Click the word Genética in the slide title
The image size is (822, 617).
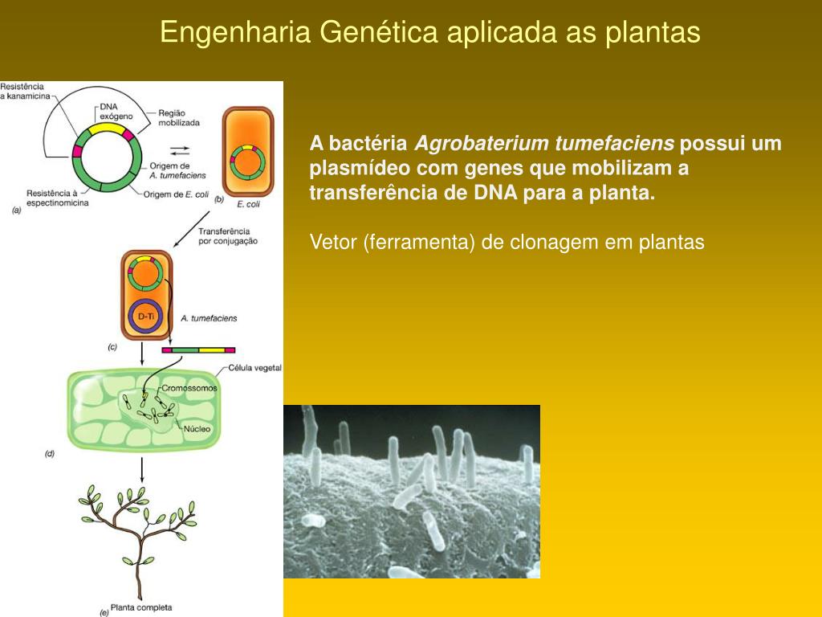coord(379,32)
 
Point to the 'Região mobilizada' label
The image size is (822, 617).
coord(179,118)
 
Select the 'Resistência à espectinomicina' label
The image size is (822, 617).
coord(56,198)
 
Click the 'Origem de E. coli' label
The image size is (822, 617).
coord(177,194)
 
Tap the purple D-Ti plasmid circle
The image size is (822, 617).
coord(145,316)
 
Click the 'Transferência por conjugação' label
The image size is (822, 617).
coord(228,235)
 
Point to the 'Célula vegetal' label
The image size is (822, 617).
coord(254,367)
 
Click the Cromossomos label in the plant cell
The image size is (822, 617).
coord(189,388)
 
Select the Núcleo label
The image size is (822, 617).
coord(197,429)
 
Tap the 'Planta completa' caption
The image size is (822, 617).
coord(141,607)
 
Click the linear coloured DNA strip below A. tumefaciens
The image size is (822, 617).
coord(198,350)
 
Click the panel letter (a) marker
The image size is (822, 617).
coord(15,210)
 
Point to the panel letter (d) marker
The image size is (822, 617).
coord(49,454)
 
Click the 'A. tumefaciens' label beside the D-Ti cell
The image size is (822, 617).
coord(209,318)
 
